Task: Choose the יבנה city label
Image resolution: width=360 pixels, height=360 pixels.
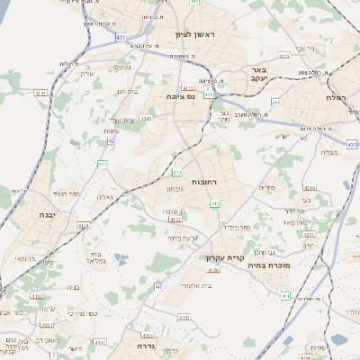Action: point(47,215)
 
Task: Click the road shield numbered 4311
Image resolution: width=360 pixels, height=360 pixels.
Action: point(353,144)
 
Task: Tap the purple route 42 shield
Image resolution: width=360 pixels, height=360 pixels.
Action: point(112,140)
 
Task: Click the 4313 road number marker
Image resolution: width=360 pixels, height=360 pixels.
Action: point(285,55)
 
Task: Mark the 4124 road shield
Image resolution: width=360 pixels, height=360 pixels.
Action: point(84,225)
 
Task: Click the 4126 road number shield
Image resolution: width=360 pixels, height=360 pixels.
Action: point(213,268)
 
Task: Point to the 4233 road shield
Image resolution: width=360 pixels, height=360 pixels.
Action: point(309,234)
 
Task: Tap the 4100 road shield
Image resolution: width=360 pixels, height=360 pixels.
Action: point(184,317)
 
